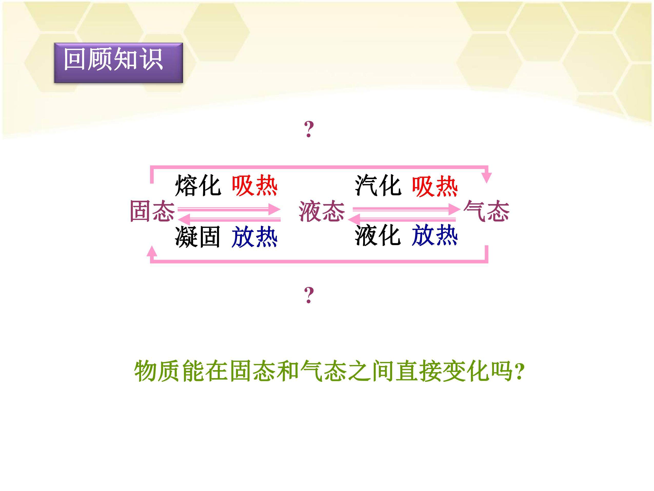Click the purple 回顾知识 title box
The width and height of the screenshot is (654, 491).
[118, 63]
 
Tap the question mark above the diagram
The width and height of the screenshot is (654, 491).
[309, 129]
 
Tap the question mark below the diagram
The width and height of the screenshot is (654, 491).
[309, 295]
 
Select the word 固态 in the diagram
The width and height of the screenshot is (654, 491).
[152, 211]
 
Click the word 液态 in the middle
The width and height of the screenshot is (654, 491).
[322, 211]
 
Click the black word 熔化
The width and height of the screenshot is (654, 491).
[198, 186]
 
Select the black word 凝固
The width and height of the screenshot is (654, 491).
[198, 237]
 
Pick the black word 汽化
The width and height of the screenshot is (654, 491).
[378, 186]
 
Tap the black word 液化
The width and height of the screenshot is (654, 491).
[378, 236]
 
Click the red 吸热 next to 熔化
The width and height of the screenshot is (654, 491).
[255, 186]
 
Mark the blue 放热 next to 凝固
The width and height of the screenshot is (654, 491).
[255, 237]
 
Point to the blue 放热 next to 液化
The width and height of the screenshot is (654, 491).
[435, 235]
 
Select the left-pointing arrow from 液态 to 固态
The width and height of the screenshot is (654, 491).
[230, 219]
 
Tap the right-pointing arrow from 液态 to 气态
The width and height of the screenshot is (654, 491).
[407, 209]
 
